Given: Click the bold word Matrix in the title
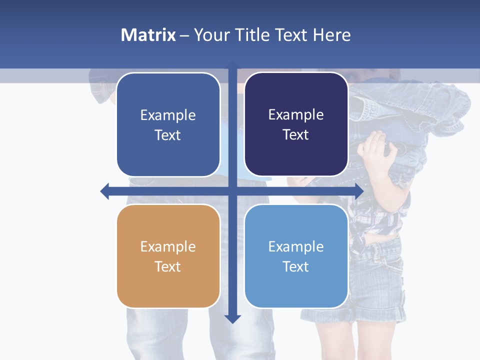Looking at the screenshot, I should [148, 35].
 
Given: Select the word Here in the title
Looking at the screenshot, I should [331, 35].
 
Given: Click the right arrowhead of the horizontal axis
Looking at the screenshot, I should [359, 190].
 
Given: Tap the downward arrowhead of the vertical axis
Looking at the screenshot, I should [232, 318].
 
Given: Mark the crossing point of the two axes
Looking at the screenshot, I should [232, 190].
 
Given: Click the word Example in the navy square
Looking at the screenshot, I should [296, 115].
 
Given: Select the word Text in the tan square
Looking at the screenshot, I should [167, 266].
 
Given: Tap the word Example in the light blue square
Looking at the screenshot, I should [296, 246].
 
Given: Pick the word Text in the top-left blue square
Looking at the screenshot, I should [167, 135].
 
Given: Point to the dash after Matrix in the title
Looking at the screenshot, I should [184, 35].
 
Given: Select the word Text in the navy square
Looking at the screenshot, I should [296, 135].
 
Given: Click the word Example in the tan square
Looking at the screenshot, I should [167, 246].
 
